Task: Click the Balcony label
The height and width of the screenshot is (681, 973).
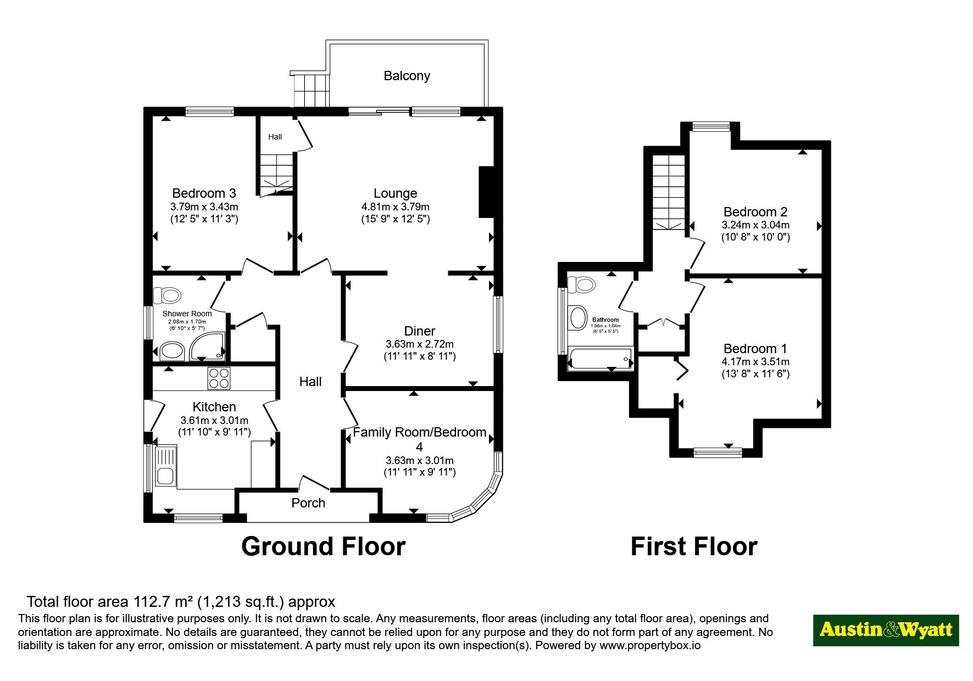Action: (407, 76)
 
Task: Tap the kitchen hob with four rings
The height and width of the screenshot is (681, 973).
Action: (219, 378)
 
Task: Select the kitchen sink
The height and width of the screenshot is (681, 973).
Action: (165, 466)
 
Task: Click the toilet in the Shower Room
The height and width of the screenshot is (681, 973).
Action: (167, 296)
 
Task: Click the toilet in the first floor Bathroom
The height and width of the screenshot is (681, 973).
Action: (581, 285)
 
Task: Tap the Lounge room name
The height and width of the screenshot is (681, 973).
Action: (395, 193)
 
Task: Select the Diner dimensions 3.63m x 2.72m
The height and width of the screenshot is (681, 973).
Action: (420, 344)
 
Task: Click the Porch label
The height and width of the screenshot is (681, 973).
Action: (308, 503)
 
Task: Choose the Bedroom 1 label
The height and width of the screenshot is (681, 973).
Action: (755, 349)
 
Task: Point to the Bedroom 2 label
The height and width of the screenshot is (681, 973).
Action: (755, 212)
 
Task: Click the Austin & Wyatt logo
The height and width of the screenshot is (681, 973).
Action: (886, 630)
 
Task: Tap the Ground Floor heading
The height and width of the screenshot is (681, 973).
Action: (323, 546)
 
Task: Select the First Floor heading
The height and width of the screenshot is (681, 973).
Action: (694, 546)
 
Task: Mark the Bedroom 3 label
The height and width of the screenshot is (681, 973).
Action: (204, 193)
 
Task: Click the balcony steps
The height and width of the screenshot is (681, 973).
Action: (312, 90)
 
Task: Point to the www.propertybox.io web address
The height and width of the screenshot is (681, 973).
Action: (650, 646)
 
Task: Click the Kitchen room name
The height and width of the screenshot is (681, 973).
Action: (214, 407)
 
